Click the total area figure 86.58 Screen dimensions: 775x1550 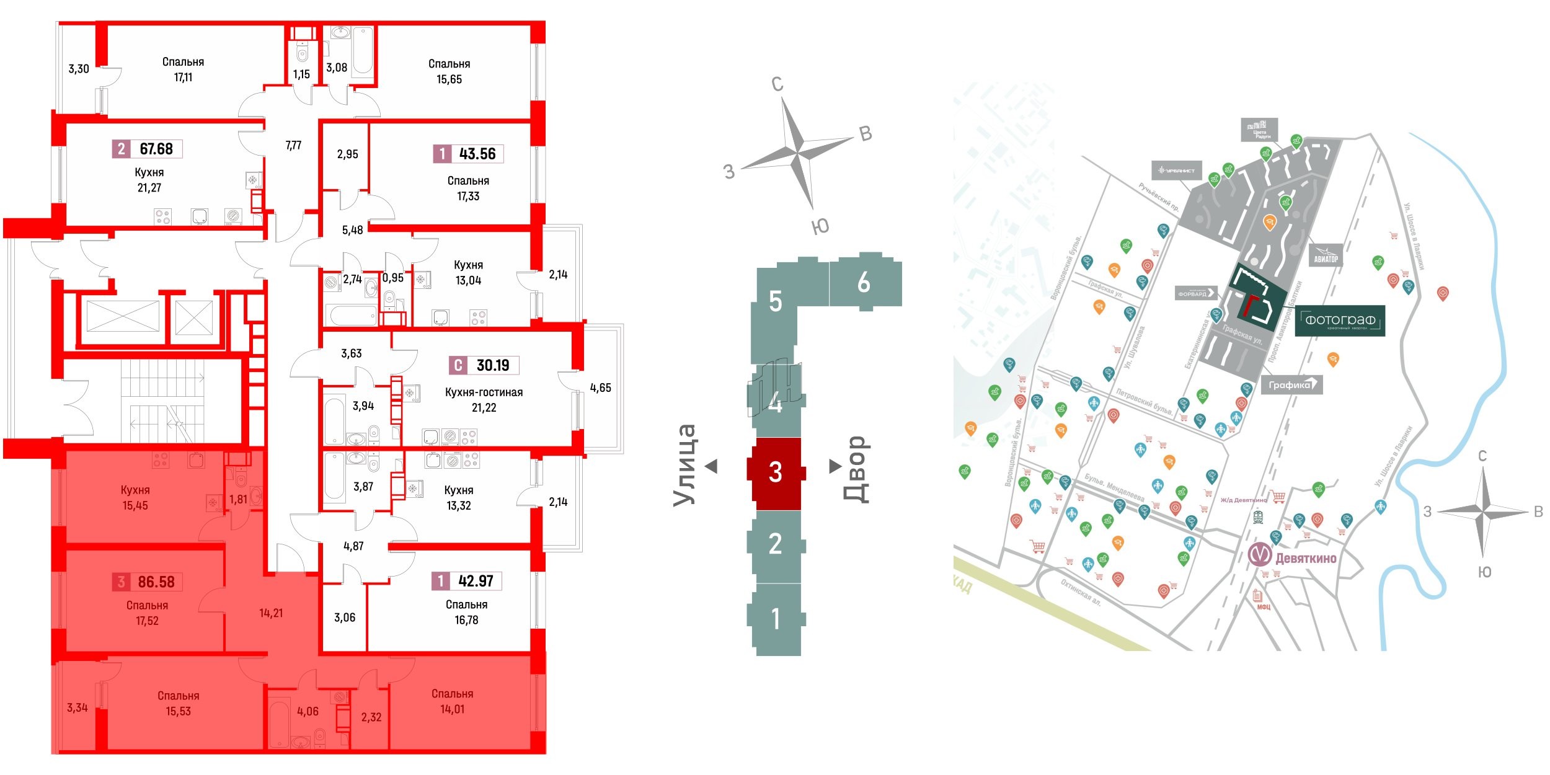156,582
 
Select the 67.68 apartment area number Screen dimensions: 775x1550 156,149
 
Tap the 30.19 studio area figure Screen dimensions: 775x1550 492,365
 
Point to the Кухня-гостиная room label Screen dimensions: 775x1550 484,392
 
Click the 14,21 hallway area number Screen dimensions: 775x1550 271,613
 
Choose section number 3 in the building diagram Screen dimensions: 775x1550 775,472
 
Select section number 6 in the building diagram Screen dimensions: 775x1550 864,283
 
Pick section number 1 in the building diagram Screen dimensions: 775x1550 775,619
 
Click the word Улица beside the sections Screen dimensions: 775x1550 685,465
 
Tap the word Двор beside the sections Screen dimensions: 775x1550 856,468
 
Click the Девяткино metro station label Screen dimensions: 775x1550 1305,558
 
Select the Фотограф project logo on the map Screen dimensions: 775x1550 1340,321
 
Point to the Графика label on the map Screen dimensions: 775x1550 1290,385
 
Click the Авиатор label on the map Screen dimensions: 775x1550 1326,259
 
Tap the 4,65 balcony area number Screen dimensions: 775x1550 600,388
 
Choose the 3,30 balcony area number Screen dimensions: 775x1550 79,69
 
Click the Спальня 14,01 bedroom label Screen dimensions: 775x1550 452,701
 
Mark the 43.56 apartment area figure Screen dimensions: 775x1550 477,154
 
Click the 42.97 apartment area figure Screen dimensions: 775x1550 476,581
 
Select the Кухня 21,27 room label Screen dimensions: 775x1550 149,180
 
